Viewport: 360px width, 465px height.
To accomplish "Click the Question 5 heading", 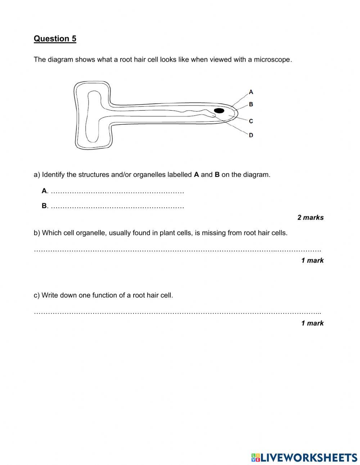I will click(55, 39).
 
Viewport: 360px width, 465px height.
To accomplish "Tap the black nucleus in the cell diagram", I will click(219, 111).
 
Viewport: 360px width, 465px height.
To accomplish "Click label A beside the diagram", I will click(251, 92).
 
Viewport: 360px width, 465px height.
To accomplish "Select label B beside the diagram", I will click(251, 104).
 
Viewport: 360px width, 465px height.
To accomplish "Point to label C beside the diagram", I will click(251, 121).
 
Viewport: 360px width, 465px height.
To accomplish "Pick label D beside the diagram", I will click(251, 135).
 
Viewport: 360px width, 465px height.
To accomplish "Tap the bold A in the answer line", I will click(44, 191).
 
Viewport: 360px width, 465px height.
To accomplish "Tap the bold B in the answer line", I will click(44, 206).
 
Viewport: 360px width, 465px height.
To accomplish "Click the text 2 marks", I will click(310, 217).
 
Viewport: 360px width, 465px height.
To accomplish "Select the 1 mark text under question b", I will click(312, 260).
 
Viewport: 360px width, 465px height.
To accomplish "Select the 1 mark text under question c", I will click(312, 323).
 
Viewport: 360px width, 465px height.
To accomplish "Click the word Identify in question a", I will click(54, 175).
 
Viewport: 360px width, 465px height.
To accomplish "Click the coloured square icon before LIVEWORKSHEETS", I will click(256, 457).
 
